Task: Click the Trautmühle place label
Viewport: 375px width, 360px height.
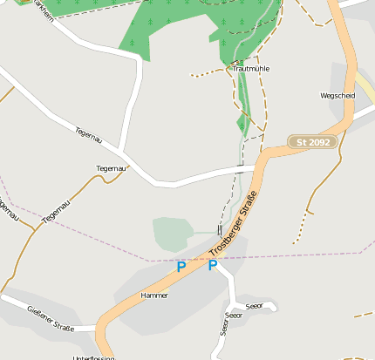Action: coord(251,68)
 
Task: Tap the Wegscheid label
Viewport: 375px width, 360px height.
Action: coord(337,96)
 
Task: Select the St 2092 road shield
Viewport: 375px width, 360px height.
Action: coord(311,141)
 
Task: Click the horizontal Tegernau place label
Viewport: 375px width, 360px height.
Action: coord(112,167)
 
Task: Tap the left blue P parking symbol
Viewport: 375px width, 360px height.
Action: coord(181,267)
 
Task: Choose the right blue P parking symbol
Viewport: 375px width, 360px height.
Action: coord(212,265)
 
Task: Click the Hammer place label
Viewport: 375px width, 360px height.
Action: coord(153,295)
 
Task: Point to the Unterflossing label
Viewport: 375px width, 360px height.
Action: coord(94,357)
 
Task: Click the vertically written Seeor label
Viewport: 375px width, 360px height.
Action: coord(224,325)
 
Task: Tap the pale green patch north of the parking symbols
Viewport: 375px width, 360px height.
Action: coord(172,234)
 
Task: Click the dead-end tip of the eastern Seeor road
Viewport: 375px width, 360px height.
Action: coord(275,306)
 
